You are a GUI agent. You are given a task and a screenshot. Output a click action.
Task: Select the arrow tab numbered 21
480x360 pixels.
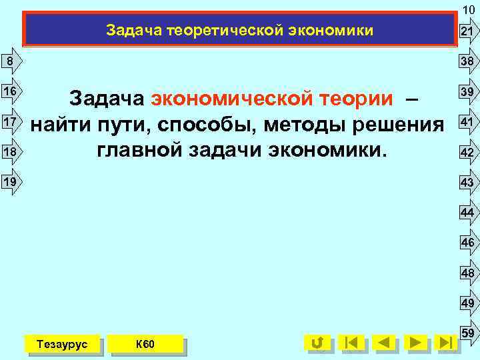[467, 32]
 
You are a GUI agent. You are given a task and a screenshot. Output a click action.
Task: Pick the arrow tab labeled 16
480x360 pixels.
[9, 90]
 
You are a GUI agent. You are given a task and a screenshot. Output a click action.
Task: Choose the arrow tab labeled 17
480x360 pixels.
[9, 122]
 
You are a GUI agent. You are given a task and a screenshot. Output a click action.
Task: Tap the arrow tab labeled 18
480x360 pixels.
[9, 153]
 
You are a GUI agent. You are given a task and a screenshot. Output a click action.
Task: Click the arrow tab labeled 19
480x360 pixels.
[9, 180]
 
